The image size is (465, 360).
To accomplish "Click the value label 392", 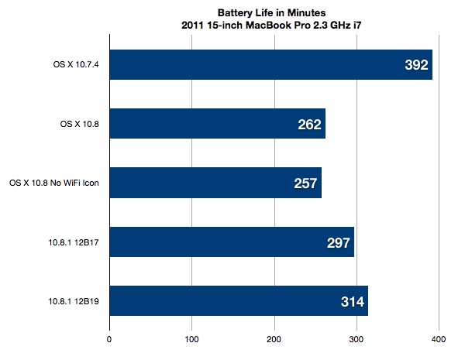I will pos(416,66).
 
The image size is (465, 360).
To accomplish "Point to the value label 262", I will pos(309,125).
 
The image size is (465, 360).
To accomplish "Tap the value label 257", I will pos(305,183).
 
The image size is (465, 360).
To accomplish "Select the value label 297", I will pos(339,243).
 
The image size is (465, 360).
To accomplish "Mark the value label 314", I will pos(352,302).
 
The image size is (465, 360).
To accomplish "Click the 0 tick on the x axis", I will pos(109,338).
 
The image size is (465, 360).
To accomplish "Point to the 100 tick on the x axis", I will pos(191,338).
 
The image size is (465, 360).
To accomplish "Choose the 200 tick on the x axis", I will pos(274,338).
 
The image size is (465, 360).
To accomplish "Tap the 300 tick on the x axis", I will pos(356,338).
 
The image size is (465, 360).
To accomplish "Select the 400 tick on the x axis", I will pos(439,338).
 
